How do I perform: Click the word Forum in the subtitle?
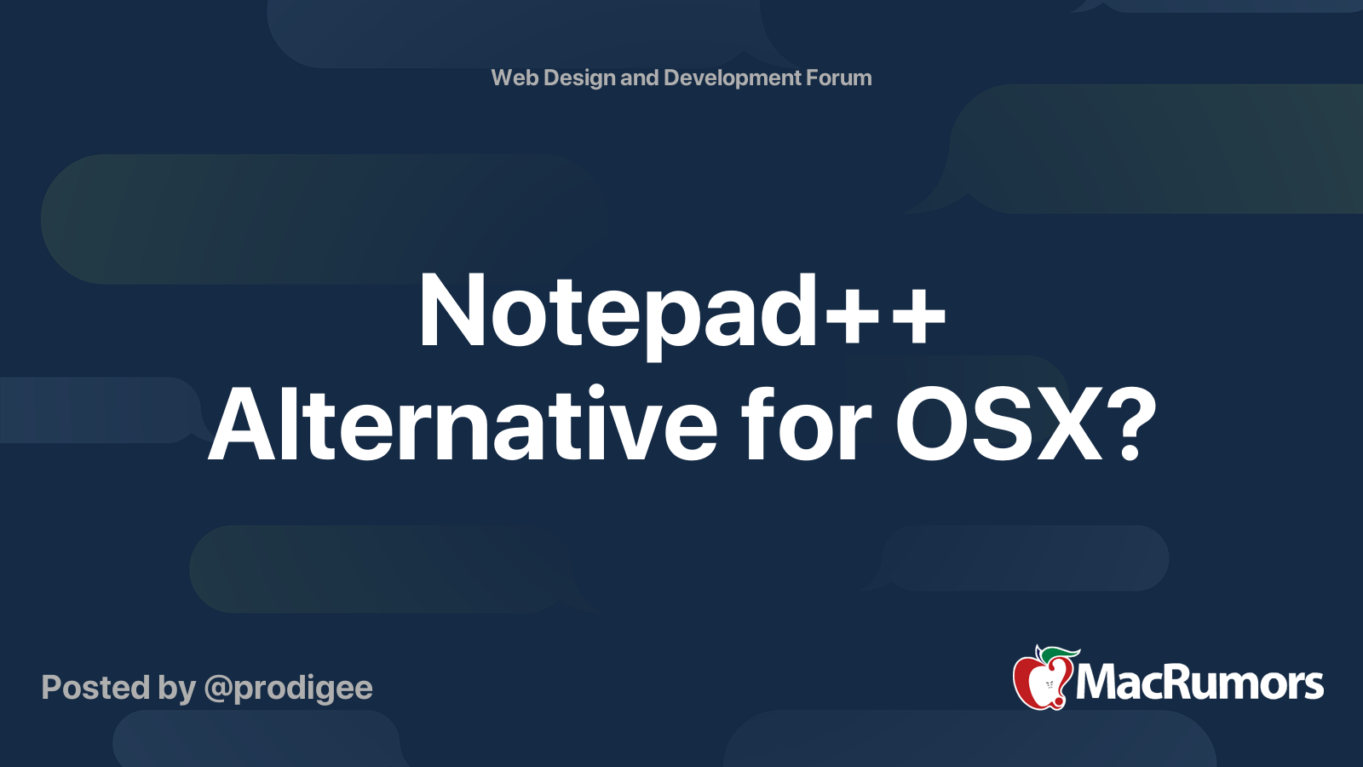tap(839, 78)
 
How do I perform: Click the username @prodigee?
tap(288, 689)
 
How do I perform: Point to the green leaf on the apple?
tap(1061, 654)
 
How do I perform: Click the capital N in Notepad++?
tap(451, 312)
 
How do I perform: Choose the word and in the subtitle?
tap(639, 78)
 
